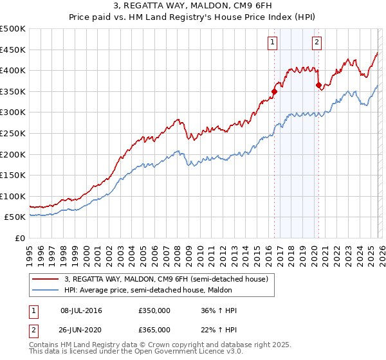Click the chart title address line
(193, 6)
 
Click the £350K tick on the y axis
(13, 92)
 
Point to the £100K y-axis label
(13, 197)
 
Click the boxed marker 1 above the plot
(273, 43)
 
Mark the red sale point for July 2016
(274, 91)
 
